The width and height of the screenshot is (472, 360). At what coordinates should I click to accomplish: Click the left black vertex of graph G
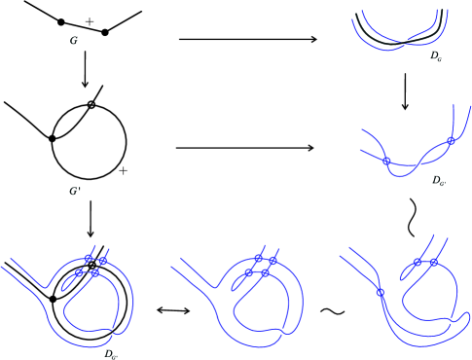(62, 21)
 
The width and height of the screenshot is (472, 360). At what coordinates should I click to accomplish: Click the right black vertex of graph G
(104, 32)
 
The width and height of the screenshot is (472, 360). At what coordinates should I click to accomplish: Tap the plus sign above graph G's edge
(90, 19)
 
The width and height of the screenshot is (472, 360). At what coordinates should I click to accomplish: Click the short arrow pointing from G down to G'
(86, 70)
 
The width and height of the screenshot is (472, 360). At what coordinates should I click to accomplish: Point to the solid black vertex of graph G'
(53, 139)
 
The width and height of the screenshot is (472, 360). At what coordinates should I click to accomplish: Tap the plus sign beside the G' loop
(124, 171)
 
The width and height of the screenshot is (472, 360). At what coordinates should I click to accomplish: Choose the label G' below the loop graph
(74, 191)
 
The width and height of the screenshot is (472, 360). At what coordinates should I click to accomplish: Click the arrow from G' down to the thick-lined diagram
(90, 218)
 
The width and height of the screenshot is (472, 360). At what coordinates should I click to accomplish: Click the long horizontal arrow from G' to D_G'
(245, 149)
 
